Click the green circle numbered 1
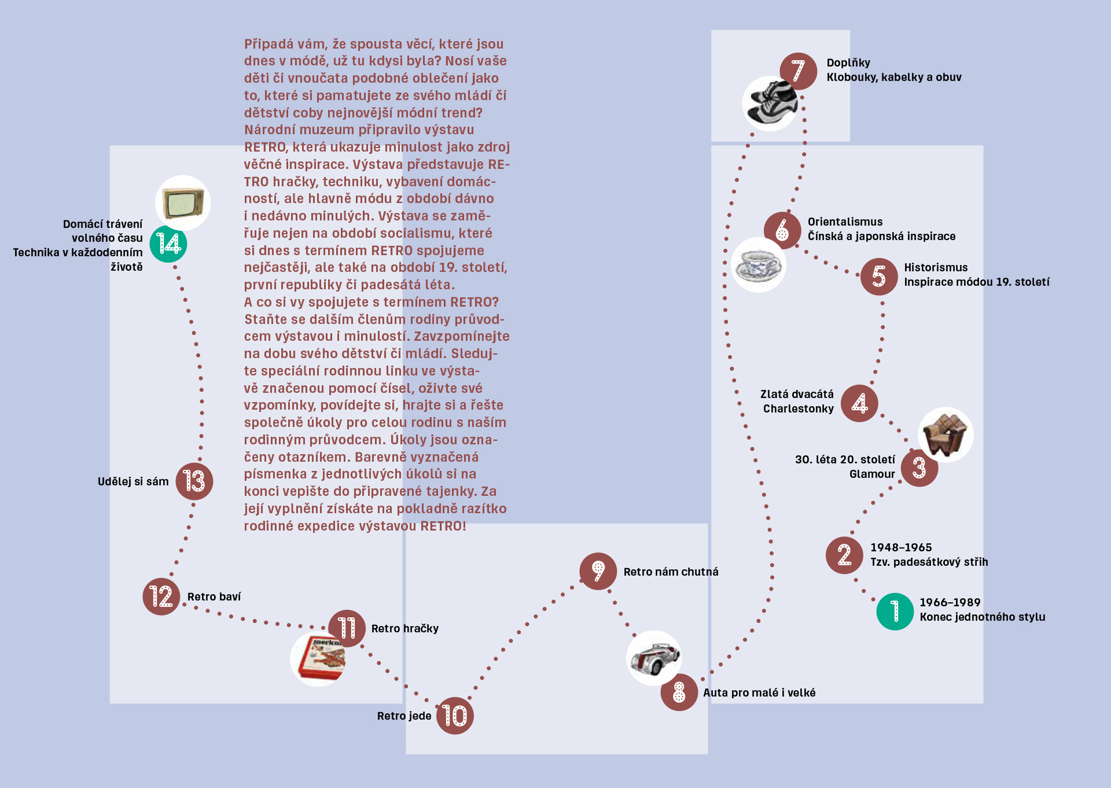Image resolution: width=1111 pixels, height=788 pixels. point(895,612)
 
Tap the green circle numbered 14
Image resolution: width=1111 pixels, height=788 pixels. point(168,244)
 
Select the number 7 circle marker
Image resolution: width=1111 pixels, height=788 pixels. point(798,71)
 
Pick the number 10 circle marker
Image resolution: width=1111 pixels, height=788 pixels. point(455,716)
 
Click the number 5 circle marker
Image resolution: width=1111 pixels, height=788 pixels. point(878,277)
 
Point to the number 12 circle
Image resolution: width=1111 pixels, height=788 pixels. point(161,596)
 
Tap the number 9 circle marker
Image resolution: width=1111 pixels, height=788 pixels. point(598,571)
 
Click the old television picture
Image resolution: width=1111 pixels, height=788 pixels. point(183,203)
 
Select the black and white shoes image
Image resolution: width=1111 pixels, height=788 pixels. point(770,104)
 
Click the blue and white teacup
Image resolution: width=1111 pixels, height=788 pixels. point(758,265)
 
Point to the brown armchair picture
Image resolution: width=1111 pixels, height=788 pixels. point(946,434)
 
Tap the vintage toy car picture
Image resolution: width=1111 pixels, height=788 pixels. point(654,658)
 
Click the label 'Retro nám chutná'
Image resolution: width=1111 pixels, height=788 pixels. point(671,572)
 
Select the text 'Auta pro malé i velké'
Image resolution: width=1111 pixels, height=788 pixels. point(759,693)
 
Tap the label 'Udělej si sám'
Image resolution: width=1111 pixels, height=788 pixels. point(133,481)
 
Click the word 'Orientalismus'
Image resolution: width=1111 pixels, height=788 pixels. point(845,222)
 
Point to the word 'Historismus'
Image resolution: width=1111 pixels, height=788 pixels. point(936,267)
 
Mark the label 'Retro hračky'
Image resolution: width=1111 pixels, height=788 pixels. point(404,628)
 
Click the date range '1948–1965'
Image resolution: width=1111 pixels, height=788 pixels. point(901,547)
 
